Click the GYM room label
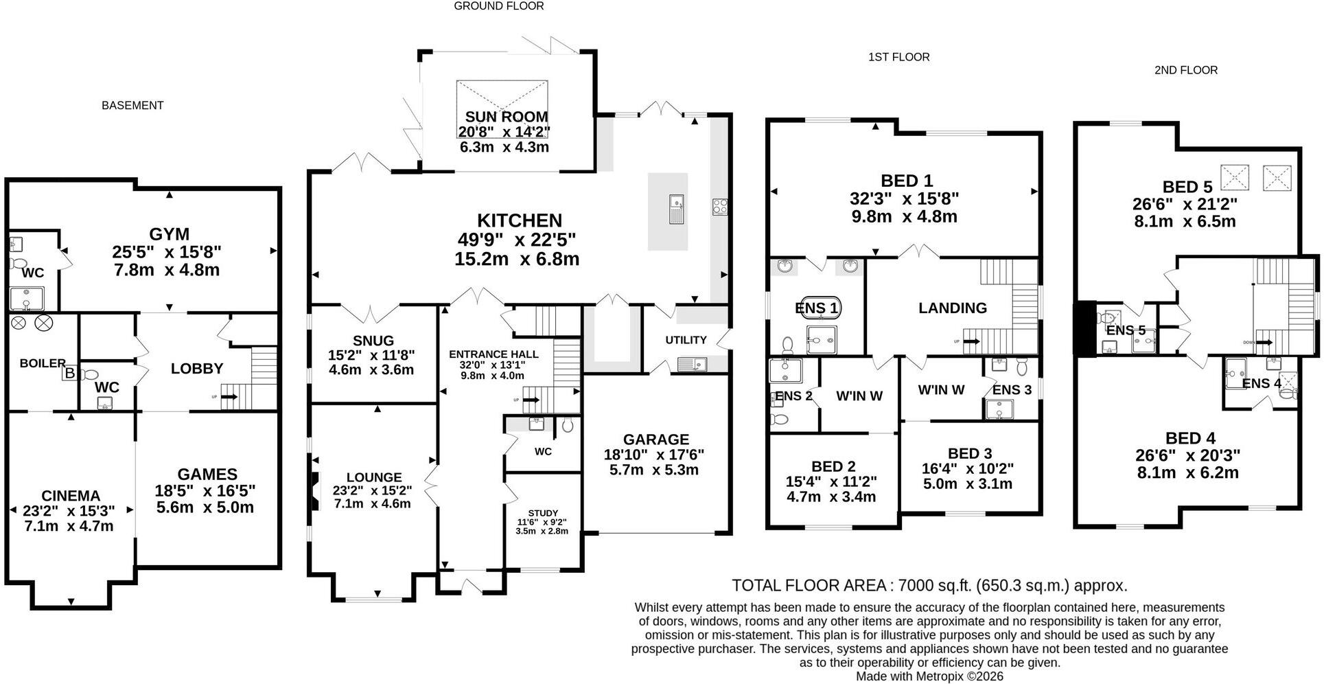tap(170, 234)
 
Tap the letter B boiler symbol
tap(69, 374)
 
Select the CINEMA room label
tap(71, 496)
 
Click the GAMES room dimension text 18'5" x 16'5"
tap(206, 491)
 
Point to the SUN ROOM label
tap(507, 117)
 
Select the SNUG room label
tap(373, 341)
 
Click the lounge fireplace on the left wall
tap(315, 491)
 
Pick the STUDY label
tap(543, 513)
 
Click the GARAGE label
tap(655, 440)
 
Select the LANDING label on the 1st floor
tap(953, 308)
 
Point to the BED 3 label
tap(970, 454)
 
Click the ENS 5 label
tap(1126, 330)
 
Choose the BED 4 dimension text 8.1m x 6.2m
tap(1191, 472)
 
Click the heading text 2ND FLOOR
tap(1186, 70)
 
